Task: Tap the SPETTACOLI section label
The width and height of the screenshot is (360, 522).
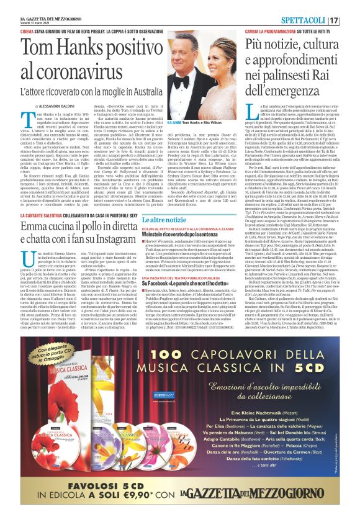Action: pyautogui.click(x=318, y=21)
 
